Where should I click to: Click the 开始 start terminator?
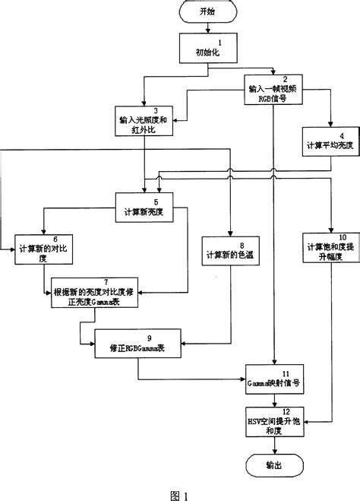[207, 12]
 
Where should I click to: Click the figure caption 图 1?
[179, 493]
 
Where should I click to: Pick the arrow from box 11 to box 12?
[274, 401]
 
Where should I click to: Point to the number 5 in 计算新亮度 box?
[155, 202]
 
